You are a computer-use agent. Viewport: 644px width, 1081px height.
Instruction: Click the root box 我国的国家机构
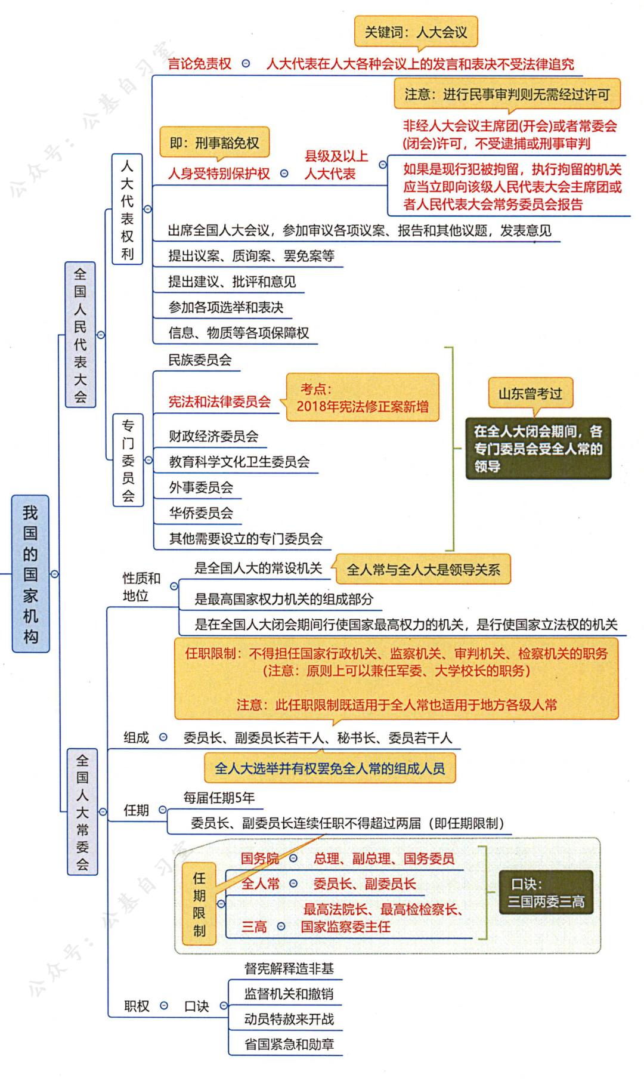coord(30,573)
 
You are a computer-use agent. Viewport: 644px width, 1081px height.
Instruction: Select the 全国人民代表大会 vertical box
coord(80,335)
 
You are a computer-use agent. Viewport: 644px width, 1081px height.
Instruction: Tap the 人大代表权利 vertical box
coord(127,209)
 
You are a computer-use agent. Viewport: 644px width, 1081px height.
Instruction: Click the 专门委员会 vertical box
coord(128,460)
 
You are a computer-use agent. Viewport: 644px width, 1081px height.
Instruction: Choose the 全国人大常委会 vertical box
coord(82,811)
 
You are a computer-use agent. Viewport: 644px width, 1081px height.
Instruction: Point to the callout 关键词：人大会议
coord(416,32)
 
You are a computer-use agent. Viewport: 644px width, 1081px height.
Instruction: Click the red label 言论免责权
coord(199,64)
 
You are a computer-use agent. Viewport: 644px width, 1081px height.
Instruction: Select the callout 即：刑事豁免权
coord(215,143)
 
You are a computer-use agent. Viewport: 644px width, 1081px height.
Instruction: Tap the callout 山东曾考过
coord(530,394)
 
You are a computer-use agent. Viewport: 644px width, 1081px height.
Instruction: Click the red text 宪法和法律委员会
coord(219,401)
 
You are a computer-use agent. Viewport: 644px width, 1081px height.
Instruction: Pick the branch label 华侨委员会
coord(201,513)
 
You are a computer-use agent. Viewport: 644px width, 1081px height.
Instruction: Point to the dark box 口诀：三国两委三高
coord(546,892)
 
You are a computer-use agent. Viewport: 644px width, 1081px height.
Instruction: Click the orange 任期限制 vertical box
coord(199,904)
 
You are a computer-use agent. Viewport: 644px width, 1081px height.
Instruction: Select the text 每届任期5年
coord(219,798)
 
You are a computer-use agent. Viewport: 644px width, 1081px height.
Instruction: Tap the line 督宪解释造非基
coord(289,969)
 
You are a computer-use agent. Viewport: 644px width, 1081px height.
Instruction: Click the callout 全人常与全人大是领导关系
coord(423,570)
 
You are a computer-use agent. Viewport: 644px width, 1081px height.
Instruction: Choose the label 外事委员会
coord(201,487)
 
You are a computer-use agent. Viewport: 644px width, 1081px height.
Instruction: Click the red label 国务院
coord(259,858)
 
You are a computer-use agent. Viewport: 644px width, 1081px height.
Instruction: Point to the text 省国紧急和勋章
coord(289,1045)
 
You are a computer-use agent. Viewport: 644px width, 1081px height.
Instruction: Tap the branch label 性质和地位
coord(141,586)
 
